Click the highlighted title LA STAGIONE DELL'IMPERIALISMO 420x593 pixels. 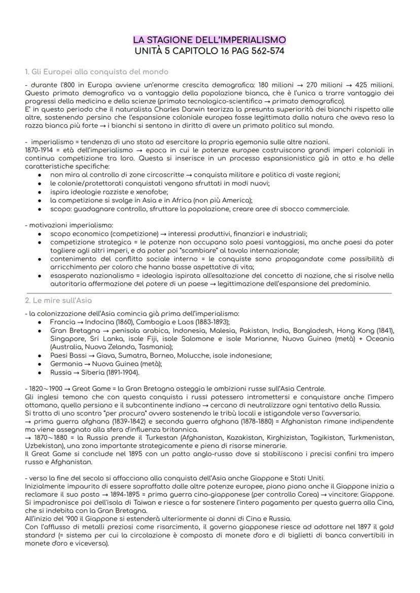209,40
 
